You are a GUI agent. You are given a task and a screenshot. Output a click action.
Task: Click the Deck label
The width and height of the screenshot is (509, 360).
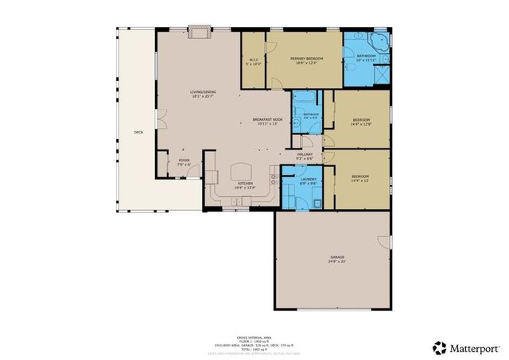click(x=138, y=132)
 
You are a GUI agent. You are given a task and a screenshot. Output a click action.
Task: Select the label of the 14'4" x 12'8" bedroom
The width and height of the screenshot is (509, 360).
click(x=360, y=121)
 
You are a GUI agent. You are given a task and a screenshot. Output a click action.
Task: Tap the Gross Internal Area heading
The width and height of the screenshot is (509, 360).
click(x=254, y=338)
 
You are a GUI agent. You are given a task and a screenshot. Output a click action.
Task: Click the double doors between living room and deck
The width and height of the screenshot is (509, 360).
click(x=158, y=120)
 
